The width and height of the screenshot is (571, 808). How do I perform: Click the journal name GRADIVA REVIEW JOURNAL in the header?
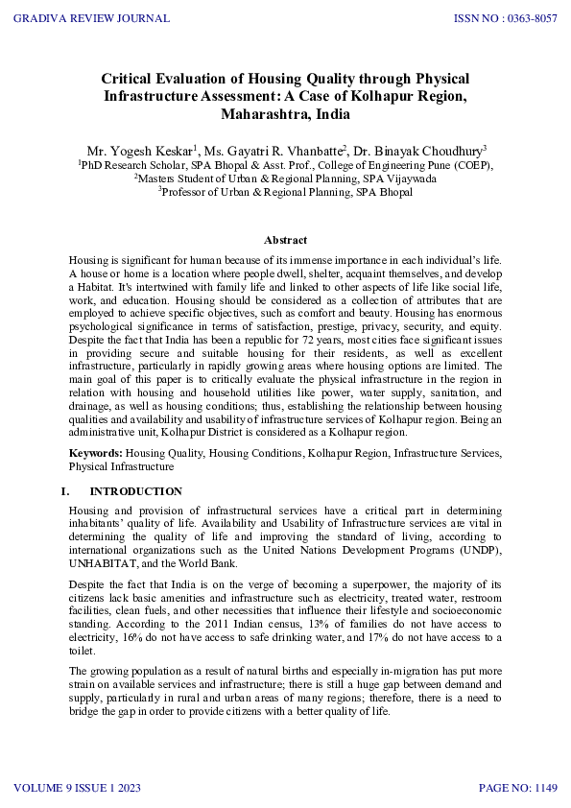(x=91, y=18)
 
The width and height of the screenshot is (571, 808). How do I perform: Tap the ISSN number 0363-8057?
(x=527, y=18)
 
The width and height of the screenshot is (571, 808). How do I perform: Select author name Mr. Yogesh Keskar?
(x=139, y=151)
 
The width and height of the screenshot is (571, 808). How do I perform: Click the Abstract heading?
(x=285, y=240)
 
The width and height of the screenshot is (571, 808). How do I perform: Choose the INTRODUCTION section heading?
(x=143, y=492)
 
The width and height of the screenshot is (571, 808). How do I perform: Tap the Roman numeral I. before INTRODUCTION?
(x=65, y=492)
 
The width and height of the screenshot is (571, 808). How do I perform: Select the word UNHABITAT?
(x=102, y=567)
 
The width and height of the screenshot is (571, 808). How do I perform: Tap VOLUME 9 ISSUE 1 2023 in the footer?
(x=78, y=789)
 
